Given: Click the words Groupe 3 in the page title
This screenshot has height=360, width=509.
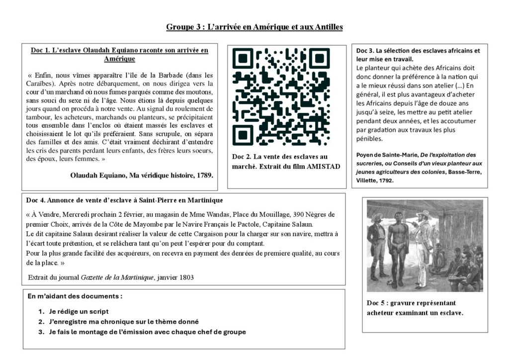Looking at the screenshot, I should click(x=182, y=27).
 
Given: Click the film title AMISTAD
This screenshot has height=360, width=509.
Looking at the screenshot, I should click(x=324, y=167).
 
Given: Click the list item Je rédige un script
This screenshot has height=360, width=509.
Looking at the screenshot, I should click(x=79, y=311).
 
